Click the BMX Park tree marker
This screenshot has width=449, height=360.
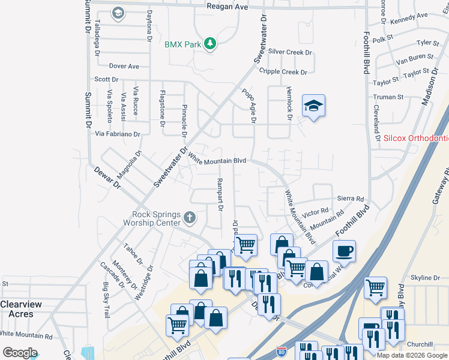(x=210, y=44)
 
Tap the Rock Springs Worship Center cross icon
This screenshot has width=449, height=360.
(x=190, y=217)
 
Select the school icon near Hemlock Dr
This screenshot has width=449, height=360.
(x=313, y=106)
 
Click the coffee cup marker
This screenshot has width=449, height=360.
(x=344, y=251)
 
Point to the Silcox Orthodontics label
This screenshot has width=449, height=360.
(x=416, y=139)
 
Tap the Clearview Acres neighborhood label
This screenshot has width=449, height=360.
(x=21, y=308)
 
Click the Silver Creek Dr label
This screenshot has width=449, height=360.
(x=291, y=53)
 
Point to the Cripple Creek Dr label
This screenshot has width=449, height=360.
(x=283, y=72)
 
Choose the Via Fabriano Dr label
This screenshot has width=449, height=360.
(x=118, y=134)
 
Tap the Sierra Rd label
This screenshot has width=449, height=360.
(x=351, y=199)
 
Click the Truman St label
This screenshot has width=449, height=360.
(x=388, y=97)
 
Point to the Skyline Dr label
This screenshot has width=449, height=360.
(x=425, y=278)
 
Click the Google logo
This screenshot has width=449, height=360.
(x=20, y=353)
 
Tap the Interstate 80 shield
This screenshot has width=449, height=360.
(x=290, y=350)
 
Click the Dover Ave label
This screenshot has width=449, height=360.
(x=124, y=66)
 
